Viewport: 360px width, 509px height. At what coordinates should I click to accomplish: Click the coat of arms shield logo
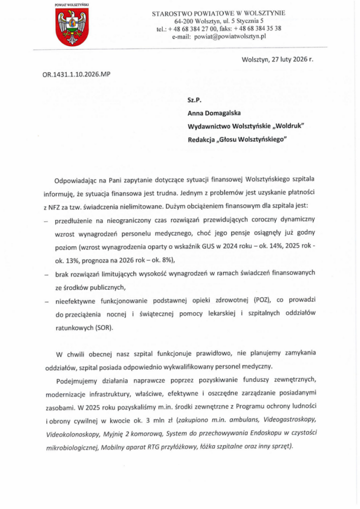click(x=72, y=28)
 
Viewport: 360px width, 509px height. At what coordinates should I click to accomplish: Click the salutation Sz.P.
click(x=193, y=100)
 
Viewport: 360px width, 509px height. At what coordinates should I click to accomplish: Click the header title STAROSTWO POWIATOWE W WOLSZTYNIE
click(x=219, y=13)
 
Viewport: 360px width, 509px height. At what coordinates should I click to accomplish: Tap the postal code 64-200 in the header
click(x=184, y=21)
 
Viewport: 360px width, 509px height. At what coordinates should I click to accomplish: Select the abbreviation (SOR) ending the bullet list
click(x=102, y=328)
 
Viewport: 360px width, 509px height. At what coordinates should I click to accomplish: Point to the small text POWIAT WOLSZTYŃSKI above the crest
click(x=72, y=4)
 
